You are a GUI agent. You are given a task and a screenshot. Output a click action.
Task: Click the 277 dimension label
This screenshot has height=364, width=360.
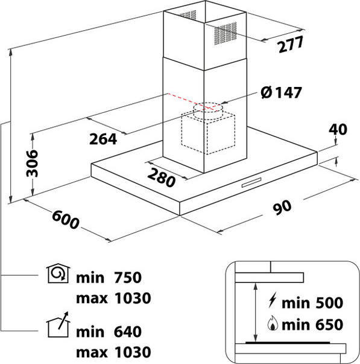pos(291,44)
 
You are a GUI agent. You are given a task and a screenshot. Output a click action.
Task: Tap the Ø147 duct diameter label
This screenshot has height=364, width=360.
pos(281,92)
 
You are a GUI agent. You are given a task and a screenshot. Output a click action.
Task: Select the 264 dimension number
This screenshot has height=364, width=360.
pos(103,139)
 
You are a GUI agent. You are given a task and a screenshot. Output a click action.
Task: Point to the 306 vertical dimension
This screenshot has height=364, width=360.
pos(32,163)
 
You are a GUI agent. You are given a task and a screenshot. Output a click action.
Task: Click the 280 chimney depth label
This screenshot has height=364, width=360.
pos(162,178)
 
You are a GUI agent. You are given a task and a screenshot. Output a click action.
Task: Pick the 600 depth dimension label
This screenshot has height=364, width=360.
pos(66,219)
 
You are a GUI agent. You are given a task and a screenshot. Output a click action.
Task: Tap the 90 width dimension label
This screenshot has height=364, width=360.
pos(282,207)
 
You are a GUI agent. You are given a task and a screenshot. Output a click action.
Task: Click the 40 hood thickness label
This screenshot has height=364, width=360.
pos(338,130)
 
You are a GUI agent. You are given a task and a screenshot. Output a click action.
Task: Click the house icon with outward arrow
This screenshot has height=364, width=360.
pos(58,325)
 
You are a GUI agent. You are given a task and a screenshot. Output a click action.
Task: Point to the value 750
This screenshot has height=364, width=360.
pos(128,278)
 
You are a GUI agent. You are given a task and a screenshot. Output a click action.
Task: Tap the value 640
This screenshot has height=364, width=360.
pos(128,332)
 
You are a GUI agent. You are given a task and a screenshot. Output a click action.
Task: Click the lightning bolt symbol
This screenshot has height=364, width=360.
pos(273,300)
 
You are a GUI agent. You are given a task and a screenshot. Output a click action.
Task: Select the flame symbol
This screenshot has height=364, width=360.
pos(273,323)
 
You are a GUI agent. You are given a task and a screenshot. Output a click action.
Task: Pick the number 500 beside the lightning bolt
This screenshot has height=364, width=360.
pos(329,302)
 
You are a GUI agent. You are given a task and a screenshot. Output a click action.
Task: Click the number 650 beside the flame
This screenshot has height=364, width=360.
pos(329,325)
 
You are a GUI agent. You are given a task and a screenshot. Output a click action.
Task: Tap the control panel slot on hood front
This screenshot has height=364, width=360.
pos(251,183)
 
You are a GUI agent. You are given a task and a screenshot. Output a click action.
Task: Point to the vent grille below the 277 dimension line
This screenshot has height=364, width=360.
pos(226,33)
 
